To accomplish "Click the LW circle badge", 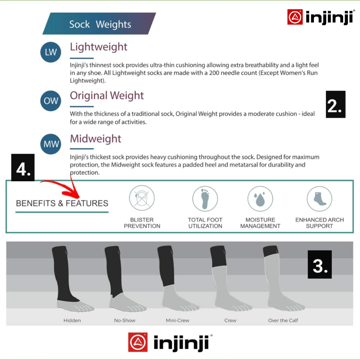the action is [51, 52].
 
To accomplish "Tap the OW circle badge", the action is [51, 101].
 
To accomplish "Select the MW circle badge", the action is [51, 144].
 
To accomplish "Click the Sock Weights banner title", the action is [100, 24].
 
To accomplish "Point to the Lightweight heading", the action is [98, 47].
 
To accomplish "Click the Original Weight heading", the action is [107, 96].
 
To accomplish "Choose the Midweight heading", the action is [96, 139].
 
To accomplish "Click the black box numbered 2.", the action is [335, 104].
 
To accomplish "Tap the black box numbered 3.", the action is [320, 264].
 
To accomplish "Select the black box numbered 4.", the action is [23, 168].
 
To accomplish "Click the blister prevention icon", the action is [142, 198].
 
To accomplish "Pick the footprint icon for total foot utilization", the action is [205, 199].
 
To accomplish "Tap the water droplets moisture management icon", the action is [260, 199].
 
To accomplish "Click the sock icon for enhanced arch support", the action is [319, 199].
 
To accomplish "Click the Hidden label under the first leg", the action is [72, 320].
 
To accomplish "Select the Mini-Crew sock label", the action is [178, 320].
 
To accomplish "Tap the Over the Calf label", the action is [283, 320].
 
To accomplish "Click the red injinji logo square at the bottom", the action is [138, 342].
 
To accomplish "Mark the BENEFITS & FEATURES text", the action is [62, 204].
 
